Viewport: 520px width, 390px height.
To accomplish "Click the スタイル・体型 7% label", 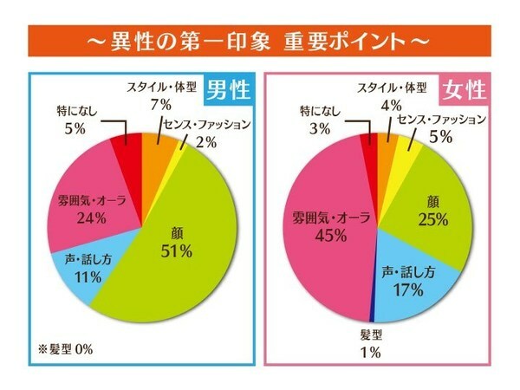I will pos(161,95).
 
